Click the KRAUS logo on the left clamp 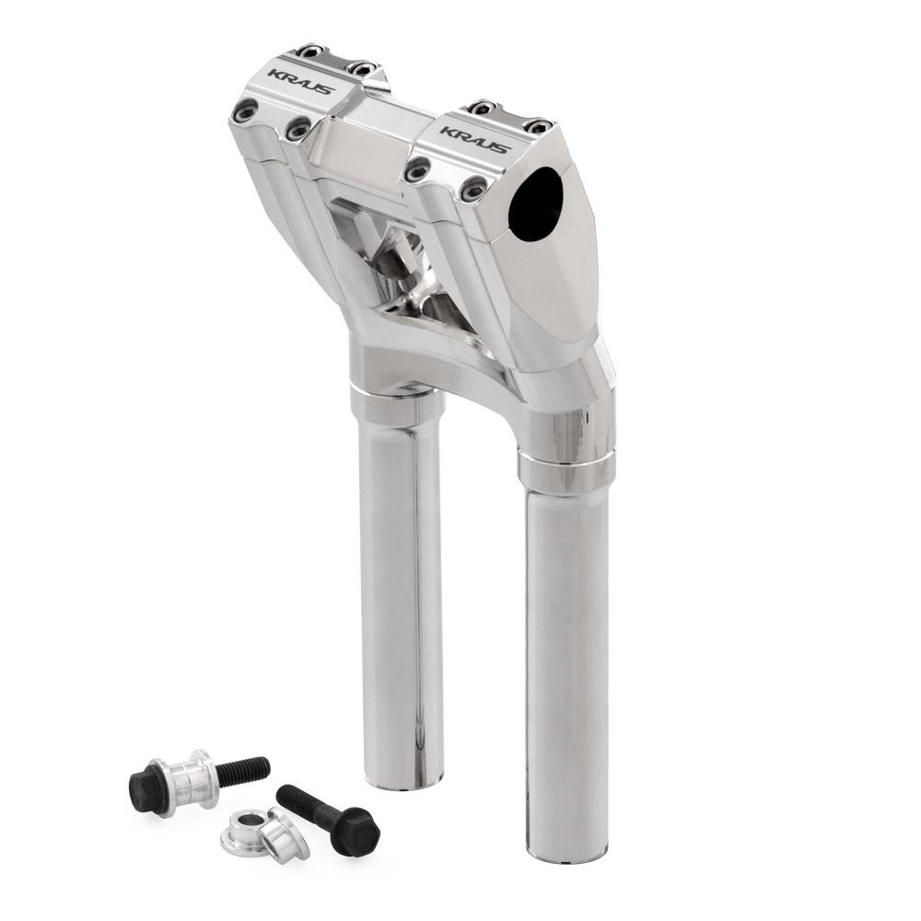pyautogui.click(x=301, y=82)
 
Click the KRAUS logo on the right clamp pyautogui.click(x=474, y=140)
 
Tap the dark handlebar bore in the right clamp pyautogui.click(x=536, y=204)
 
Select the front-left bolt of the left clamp pyautogui.click(x=246, y=110)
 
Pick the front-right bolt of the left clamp pyautogui.click(x=298, y=128)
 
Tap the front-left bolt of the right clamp pyautogui.click(x=419, y=170)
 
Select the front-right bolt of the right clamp pyautogui.click(x=472, y=188)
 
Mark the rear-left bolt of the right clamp pyautogui.click(x=484, y=108)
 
